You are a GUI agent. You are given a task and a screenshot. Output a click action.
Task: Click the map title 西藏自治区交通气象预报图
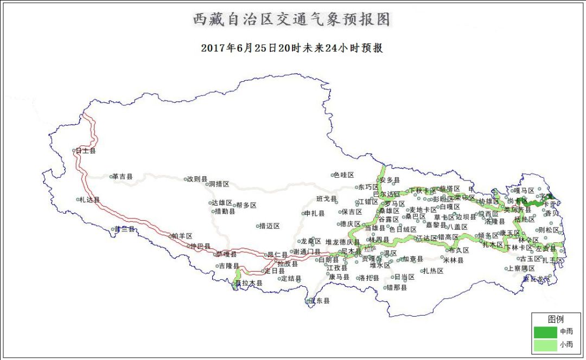292,20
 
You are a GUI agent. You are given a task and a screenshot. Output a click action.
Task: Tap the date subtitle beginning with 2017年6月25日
292,48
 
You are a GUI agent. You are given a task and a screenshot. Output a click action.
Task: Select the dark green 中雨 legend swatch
545,331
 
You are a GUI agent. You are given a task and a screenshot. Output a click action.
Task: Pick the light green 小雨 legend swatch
545,344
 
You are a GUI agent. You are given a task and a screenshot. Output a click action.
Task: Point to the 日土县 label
86,151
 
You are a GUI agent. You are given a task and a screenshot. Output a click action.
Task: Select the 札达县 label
90,200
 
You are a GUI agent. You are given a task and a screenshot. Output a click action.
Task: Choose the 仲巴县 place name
200,246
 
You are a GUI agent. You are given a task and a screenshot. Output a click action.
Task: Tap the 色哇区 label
343,175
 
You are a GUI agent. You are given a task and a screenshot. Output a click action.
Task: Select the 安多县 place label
390,180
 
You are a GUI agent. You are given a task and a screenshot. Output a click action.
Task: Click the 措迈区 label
269,226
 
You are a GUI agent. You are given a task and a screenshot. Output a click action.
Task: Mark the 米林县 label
454,260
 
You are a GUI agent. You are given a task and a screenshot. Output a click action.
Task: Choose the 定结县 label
291,279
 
